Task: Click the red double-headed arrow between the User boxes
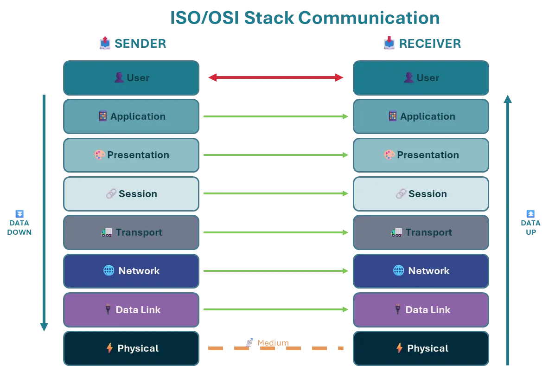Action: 275,77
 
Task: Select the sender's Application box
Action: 131,116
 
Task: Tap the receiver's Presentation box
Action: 421,155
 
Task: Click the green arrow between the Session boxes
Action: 275,193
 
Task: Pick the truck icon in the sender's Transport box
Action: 107,232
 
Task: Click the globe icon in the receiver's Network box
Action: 398,270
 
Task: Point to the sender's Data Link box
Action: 131,309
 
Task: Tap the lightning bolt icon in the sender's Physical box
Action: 109,348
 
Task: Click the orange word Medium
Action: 273,343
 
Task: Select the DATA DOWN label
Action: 19,227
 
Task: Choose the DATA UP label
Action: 530,227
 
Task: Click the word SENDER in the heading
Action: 140,44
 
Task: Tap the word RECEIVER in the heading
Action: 430,44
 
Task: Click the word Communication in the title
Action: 369,18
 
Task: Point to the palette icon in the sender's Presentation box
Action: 100,155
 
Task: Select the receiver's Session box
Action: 421,194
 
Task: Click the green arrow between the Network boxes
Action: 275,271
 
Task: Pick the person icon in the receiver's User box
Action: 409,77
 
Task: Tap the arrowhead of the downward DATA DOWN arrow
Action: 44,327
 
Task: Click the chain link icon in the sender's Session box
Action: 111,194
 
